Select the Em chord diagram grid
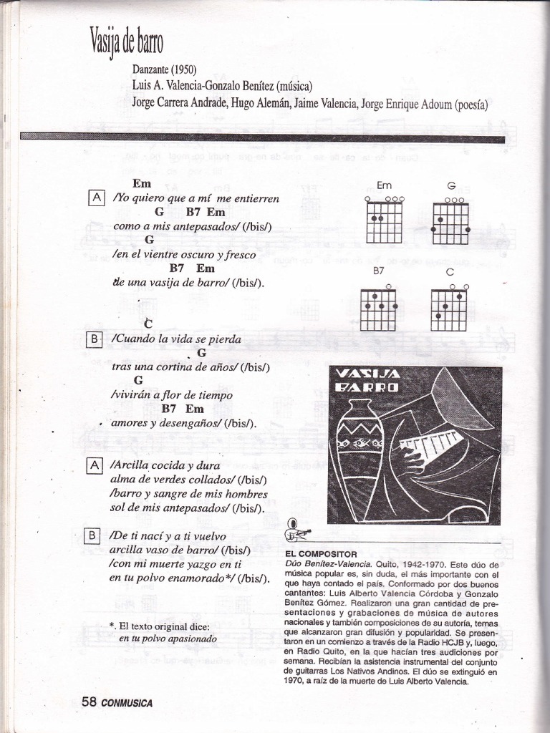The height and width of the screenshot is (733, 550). pyautogui.click(x=384, y=223)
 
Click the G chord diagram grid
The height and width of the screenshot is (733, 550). pyautogui.click(x=450, y=223)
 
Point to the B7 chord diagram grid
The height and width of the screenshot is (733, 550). pyautogui.click(x=377, y=310)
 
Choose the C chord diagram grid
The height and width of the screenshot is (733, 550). pyautogui.click(x=448, y=310)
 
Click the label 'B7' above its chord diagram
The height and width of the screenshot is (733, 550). pyautogui.click(x=378, y=272)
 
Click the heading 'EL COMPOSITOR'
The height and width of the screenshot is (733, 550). pyautogui.click(x=321, y=554)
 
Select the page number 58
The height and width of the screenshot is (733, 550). pyautogui.click(x=89, y=702)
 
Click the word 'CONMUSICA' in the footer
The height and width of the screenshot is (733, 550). pyautogui.click(x=127, y=703)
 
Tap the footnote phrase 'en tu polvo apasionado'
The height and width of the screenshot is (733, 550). pyautogui.click(x=167, y=638)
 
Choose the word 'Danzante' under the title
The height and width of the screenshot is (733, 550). pyautogui.click(x=150, y=70)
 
